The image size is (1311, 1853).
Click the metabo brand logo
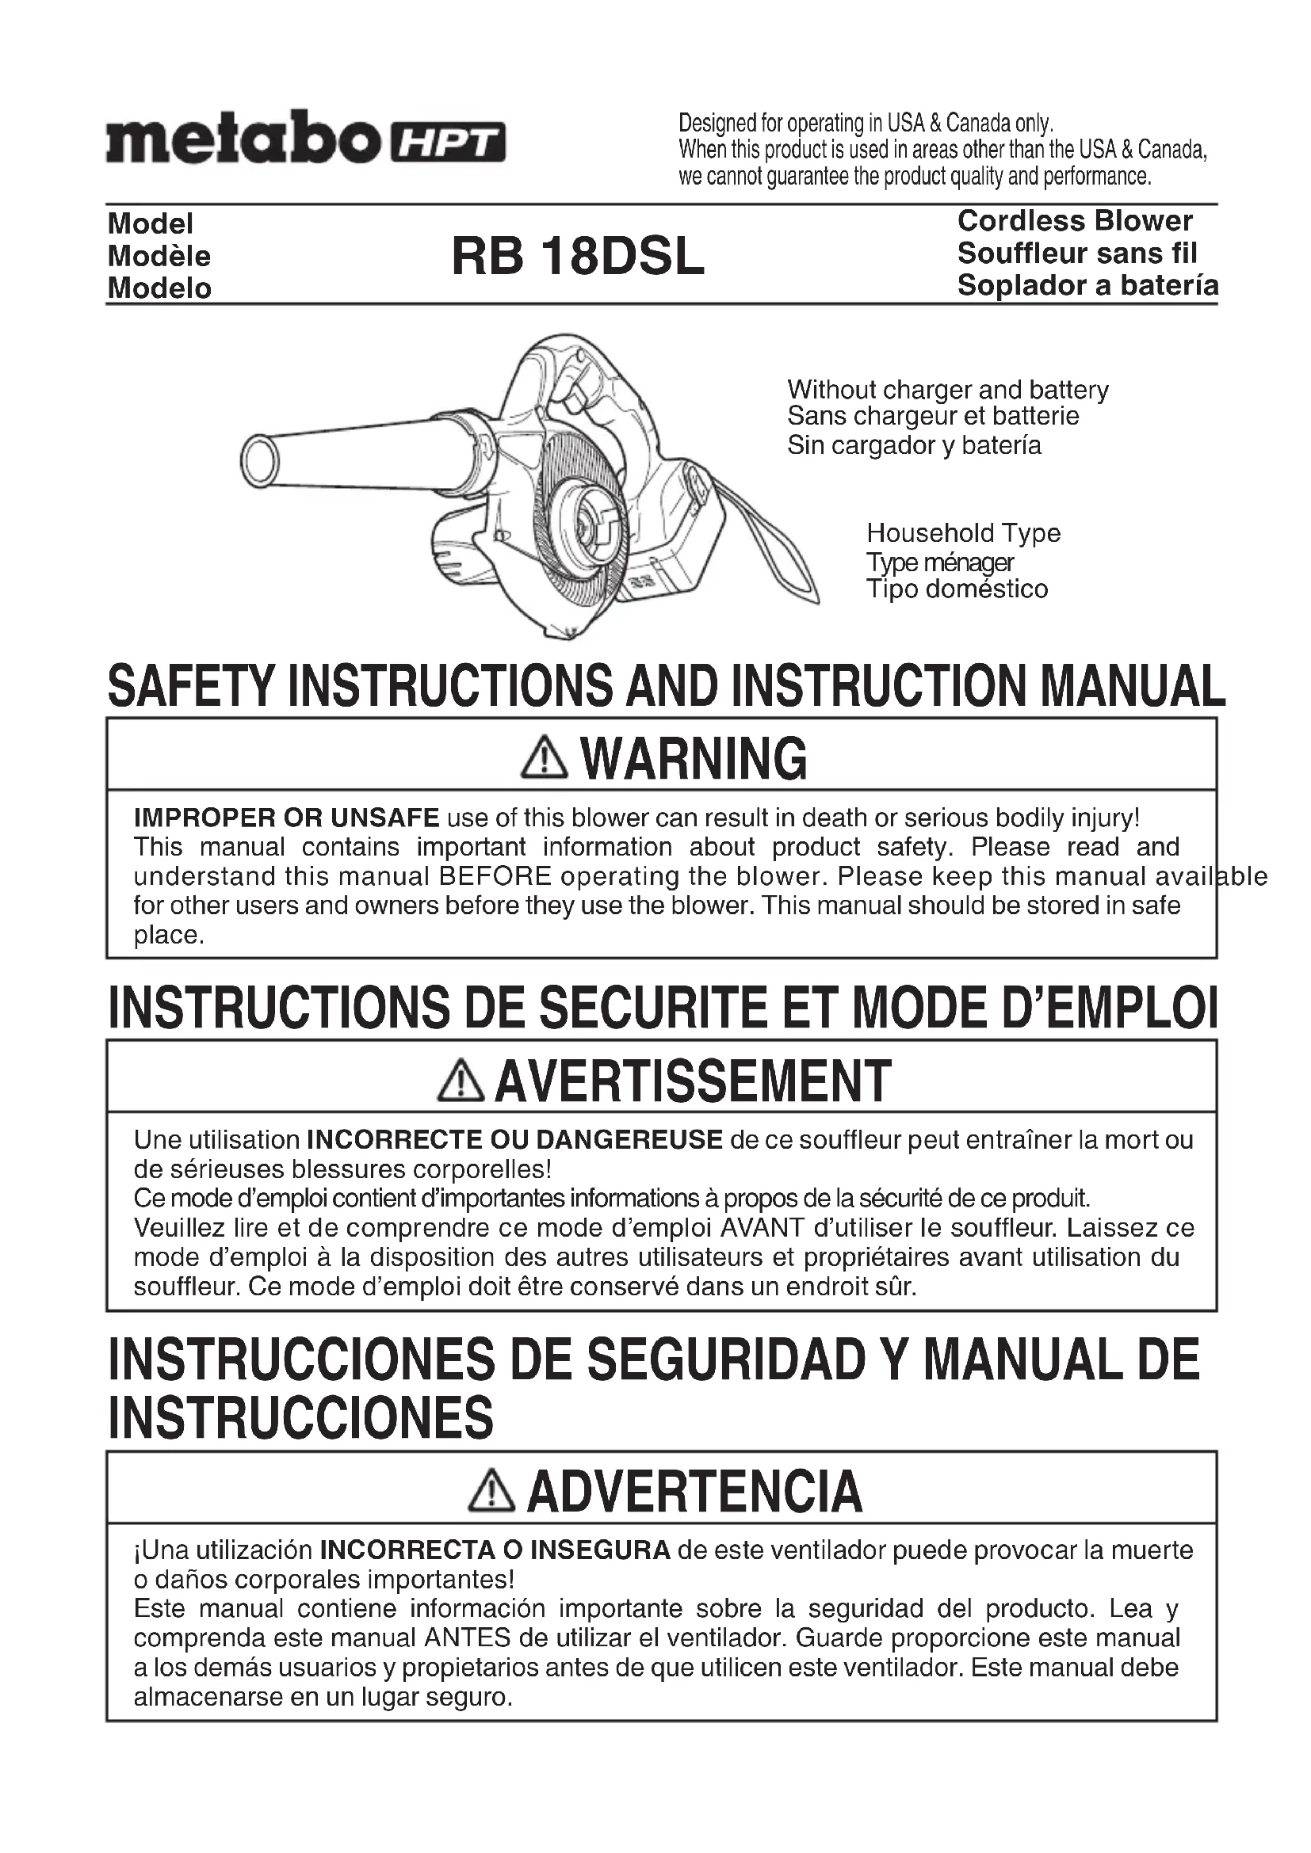coord(243,137)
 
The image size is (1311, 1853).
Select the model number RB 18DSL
coord(577,256)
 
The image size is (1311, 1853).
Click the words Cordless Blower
coord(1075,221)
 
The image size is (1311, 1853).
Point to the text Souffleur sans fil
coord(1077,254)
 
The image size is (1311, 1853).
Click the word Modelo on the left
coord(160,288)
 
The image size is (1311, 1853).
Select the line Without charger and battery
coord(948,390)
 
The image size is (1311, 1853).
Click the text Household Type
coord(963,532)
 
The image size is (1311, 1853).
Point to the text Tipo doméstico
coord(957,589)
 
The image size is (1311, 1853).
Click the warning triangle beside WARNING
coord(545,758)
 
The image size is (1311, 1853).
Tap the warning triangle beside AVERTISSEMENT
coord(461,1081)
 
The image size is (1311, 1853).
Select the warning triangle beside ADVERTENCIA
coord(491,1491)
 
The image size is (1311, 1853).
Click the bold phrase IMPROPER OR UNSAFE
coord(287,818)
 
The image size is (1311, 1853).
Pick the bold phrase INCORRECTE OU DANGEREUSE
coord(515,1140)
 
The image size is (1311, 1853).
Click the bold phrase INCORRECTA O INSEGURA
coord(495,1550)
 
